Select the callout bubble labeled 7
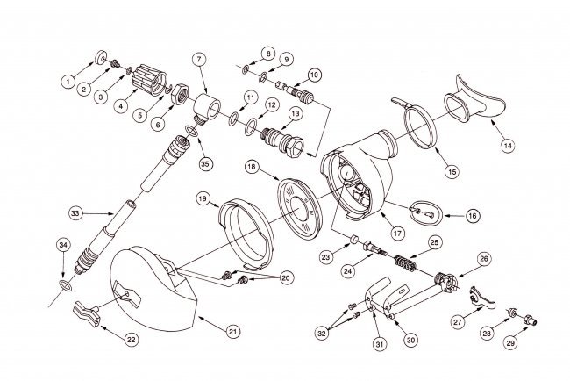click(x=200, y=59)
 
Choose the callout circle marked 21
click(x=232, y=331)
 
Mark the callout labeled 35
click(x=206, y=162)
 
